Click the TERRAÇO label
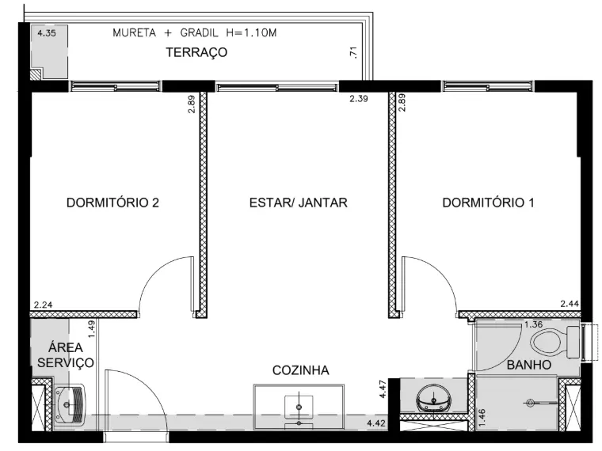[196, 52]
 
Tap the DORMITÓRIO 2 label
[112, 203]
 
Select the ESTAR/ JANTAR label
[299, 203]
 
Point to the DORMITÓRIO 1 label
[489, 203]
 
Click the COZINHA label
[301, 370]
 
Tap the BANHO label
[529, 365]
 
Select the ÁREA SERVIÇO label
[66, 354]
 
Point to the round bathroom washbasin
[433, 398]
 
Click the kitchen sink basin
[299, 407]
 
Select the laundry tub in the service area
[70, 404]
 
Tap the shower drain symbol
[531, 403]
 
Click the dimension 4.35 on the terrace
[47, 33]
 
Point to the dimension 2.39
[359, 99]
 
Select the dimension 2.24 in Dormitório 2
[43, 305]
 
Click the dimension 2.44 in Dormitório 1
[570, 304]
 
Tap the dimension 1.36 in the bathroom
[533, 324]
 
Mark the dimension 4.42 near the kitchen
[376, 424]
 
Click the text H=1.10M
[251, 33]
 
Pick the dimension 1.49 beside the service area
[91, 329]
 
